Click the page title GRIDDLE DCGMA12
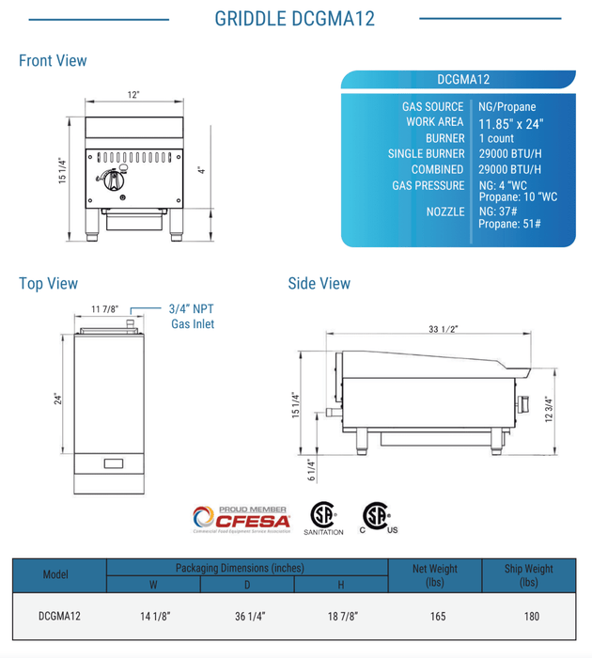coord(294,19)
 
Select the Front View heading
coord(53,61)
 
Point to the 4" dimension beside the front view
coord(200,171)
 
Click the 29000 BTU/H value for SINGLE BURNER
coord(510,154)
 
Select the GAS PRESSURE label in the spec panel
coord(428,185)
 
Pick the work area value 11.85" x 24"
coord(510,123)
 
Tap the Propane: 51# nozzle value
coord(507,226)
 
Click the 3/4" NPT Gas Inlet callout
coord(192,315)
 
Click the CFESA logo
coord(241,518)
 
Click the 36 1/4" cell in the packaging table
coord(247,617)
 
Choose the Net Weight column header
coord(434,575)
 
